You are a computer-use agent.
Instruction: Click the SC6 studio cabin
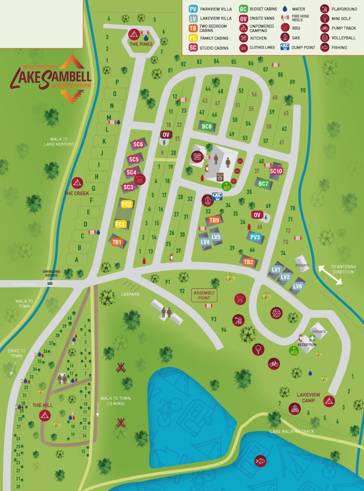(x=138, y=145)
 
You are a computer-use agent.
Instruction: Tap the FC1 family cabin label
(x=120, y=225)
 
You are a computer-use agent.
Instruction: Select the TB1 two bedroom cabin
(x=117, y=242)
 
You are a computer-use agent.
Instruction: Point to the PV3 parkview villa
(x=256, y=237)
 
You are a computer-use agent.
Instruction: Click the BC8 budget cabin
(x=207, y=126)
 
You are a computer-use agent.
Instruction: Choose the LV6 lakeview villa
(x=297, y=286)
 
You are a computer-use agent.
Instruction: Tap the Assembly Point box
(x=204, y=295)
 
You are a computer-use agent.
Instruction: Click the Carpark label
(x=130, y=294)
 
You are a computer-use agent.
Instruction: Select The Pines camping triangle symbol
(x=133, y=34)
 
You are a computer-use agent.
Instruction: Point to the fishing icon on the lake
(x=260, y=460)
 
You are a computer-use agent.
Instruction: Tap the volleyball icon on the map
(x=276, y=313)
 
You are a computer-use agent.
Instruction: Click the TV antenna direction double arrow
(x=330, y=275)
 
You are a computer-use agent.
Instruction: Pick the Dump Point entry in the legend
(x=298, y=47)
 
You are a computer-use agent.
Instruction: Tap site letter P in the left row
(x=117, y=82)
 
